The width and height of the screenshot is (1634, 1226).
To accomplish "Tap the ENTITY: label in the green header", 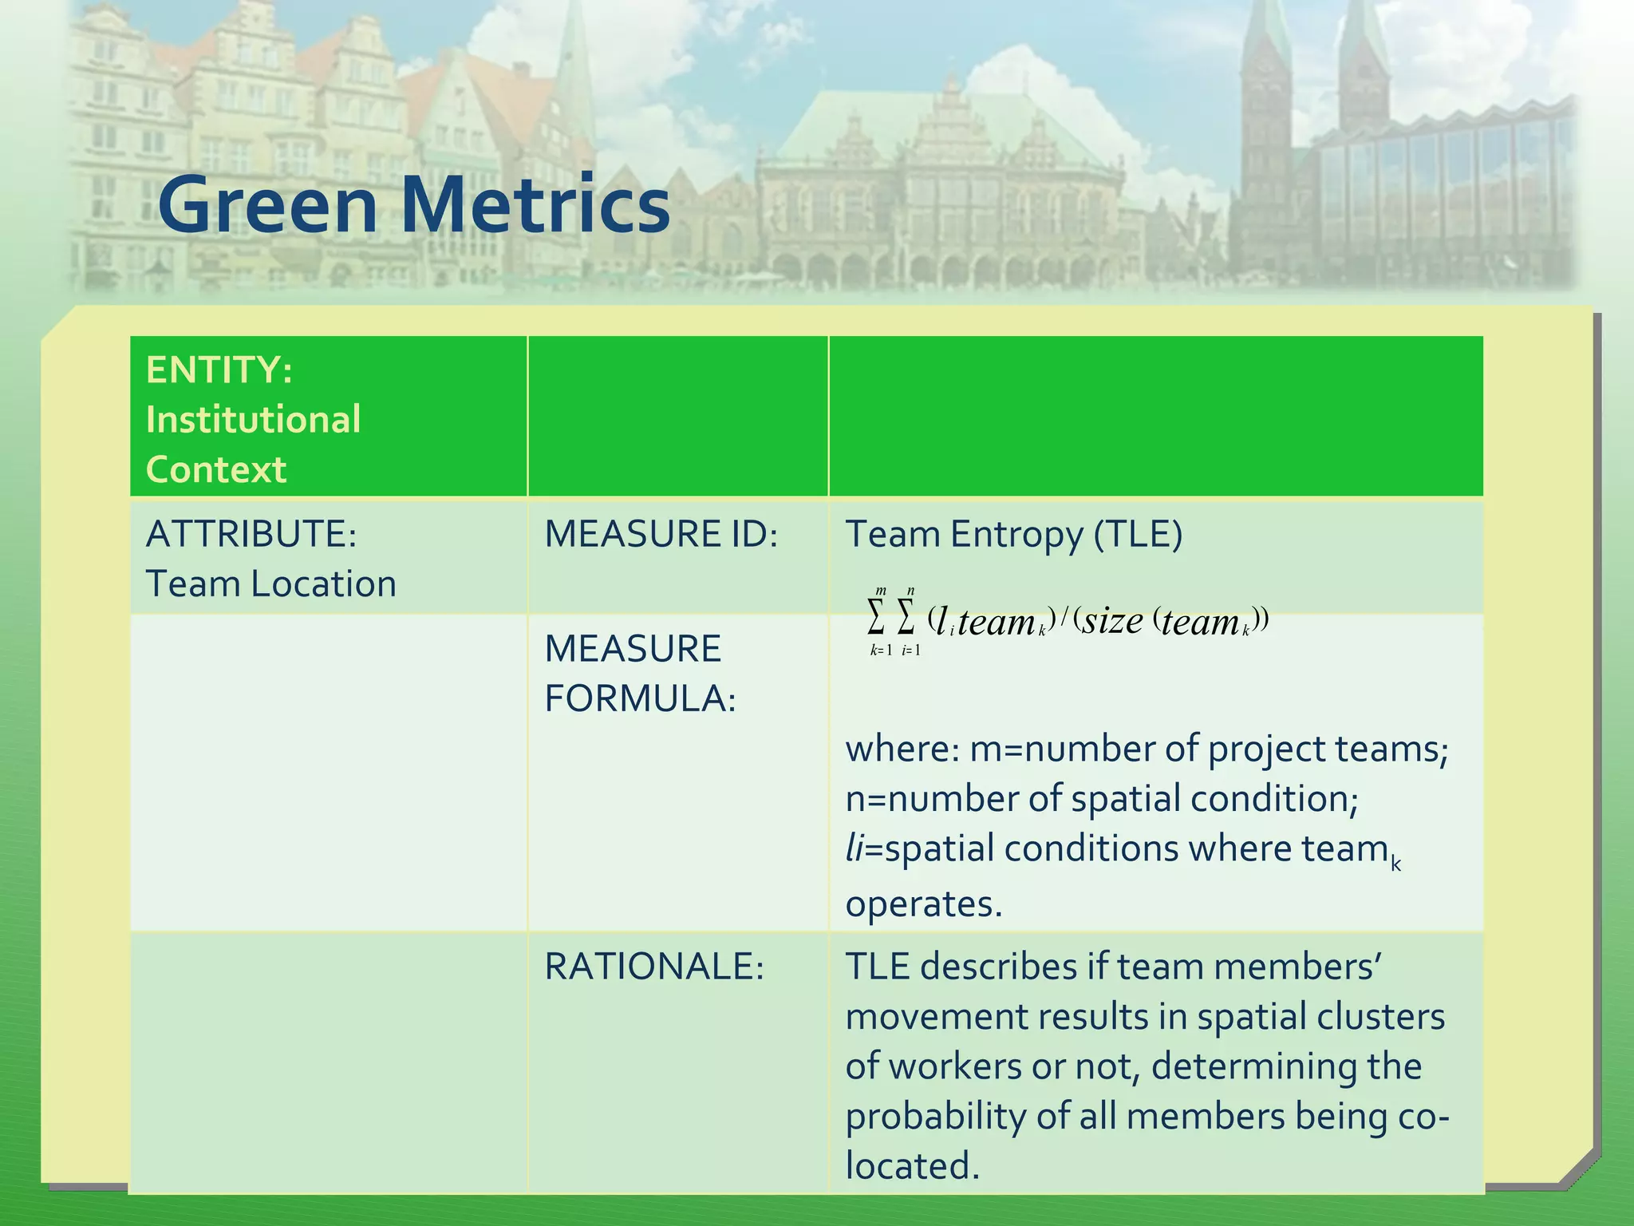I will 219,370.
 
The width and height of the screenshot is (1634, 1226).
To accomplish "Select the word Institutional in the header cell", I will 253,420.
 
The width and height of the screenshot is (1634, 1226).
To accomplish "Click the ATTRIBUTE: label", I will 251,534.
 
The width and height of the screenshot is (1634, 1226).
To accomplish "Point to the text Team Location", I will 270,583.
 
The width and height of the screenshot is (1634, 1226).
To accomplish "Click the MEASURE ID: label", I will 661,534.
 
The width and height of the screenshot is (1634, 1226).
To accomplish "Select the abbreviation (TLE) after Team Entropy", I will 1138,534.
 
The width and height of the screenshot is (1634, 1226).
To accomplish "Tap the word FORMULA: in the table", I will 640,698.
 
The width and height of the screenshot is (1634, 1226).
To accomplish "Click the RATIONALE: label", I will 654,967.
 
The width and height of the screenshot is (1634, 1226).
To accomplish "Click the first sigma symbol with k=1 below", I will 876,617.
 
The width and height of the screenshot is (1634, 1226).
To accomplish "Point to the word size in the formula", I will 1112,620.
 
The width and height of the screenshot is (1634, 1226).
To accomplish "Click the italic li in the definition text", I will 854,848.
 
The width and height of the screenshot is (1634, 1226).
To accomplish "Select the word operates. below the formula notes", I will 923,904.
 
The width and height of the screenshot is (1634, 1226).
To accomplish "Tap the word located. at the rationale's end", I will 912,1166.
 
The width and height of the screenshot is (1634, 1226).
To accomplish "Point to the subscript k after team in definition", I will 1395,864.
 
